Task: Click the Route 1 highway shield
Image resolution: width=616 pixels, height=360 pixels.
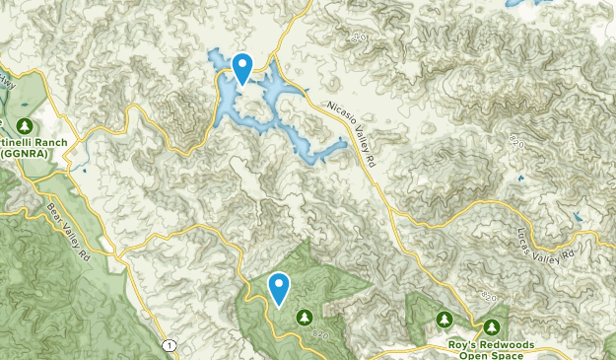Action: click(x=171, y=344)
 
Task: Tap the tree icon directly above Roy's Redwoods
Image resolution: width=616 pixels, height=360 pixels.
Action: click(x=489, y=326)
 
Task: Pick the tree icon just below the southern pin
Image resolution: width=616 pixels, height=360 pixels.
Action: click(x=306, y=317)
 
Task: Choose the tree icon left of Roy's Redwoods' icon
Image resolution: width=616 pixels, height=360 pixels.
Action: click(x=445, y=319)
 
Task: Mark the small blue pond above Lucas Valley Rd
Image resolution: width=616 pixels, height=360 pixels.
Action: click(x=518, y=179)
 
